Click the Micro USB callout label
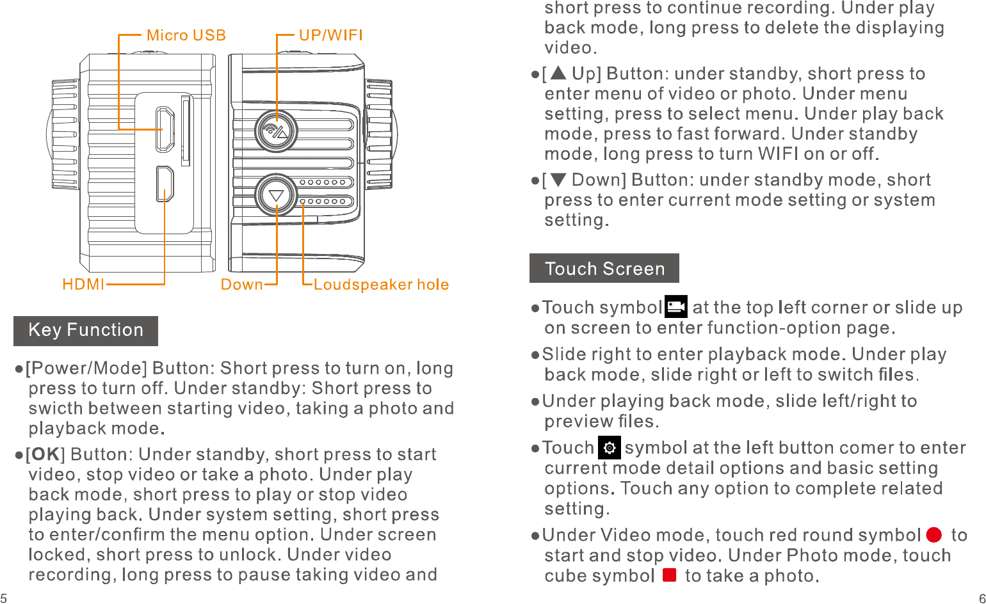[186, 35]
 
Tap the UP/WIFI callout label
[331, 35]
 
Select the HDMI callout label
[83, 284]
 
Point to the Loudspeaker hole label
[381, 284]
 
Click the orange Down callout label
[241, 284]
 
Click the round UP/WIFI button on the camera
[277, 132]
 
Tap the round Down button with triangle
[277, 195]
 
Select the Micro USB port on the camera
[165, 129]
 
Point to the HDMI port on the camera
[165, 184]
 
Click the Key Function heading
[86, 330]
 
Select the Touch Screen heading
[604, 268]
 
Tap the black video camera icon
[676, 306]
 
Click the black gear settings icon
[610, 448]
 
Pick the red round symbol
[934, 534]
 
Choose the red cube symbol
[670, 575]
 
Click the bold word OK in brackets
[45, 454]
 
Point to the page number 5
[4, 598]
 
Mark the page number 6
[982, 598]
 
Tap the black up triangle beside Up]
[558, 73]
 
